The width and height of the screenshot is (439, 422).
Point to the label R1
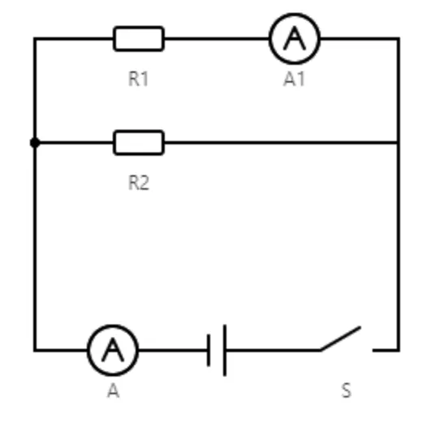pyautogui.click(x=138, y=79)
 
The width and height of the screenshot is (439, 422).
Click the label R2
pyautogui.click(x=139, y=183)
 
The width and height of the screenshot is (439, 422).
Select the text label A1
pyautogui.click(x=294, y=79)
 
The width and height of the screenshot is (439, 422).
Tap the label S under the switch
pyautogui.click(x=346, y=390)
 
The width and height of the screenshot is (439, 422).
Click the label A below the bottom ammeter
pyautogui.click(x=114, y=390)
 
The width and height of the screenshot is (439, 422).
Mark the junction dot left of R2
pyautogui.click(x=35, y=143)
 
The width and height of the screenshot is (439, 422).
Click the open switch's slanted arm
pyautogui.click(x=341, y=338)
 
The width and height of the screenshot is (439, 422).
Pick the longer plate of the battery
pyautogui.click(x=225, y=351)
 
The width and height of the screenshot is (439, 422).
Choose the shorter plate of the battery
pyautogui.click(x=209, y=350)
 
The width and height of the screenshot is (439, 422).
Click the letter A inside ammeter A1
pyautogui.click(x=295, y=38)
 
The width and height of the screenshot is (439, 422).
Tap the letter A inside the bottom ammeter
pyautogui.click(x=113, y=350)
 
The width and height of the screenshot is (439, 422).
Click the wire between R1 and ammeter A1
pyautogui.click(x=217, y=39)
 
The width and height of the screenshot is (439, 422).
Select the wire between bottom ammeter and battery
pyautogui.click(x=173, y=350)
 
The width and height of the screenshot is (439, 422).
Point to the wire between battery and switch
pyautogui.click(x=273, y=350)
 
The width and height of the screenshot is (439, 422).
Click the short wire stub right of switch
pyautogui.click(x=385, y=350)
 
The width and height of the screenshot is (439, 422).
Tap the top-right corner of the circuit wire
pyautogui.click(x=398, y=39)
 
